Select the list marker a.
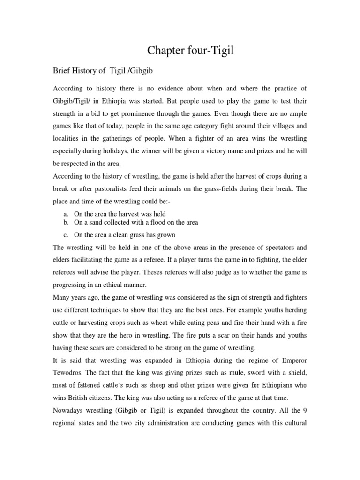click(x=67, y=214)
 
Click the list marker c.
click(x=67, y=234)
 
